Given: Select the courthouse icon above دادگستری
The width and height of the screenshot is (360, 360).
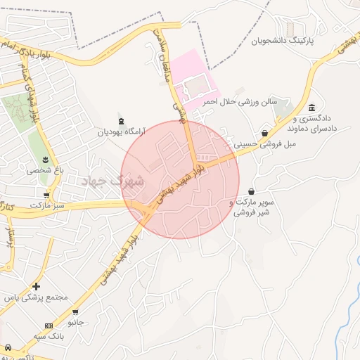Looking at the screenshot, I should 311,108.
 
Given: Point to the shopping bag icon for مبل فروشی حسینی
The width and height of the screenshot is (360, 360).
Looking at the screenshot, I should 264,133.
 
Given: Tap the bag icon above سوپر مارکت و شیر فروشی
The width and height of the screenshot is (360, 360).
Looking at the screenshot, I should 251,191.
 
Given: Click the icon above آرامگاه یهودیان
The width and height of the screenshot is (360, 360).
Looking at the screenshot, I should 121,120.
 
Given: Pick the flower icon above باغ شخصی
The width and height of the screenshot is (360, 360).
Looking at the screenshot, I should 46,159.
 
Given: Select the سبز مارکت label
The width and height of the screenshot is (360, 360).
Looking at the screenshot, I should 47,205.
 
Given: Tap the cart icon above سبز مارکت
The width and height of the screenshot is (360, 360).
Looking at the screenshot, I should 47,195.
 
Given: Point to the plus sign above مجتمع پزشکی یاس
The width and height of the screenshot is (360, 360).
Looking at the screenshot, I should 36,286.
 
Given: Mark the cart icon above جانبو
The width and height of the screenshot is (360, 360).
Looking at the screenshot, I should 75,311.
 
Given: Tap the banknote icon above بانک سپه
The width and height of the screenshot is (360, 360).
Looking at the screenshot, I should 49,326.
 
